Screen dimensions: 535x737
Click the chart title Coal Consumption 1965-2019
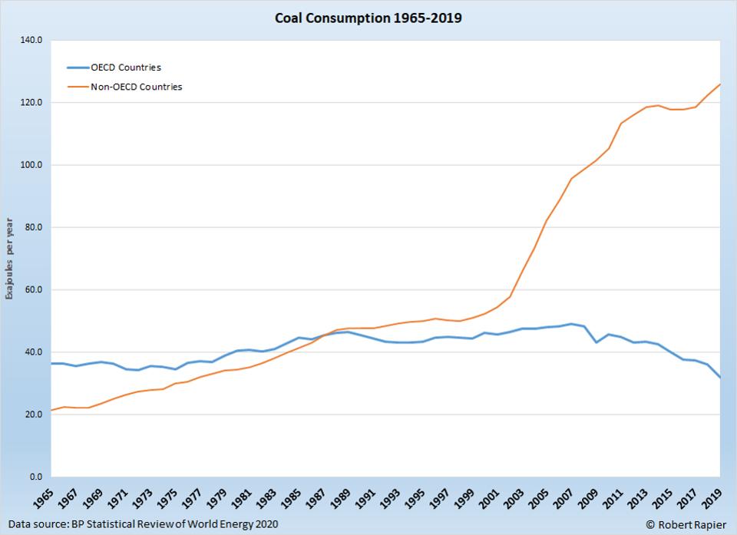point(368,18)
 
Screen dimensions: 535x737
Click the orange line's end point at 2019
point(720,84)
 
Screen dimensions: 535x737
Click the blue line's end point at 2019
point(720,378)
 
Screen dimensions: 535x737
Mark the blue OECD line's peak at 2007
point(570,324)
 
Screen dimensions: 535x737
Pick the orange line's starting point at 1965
point(51,410)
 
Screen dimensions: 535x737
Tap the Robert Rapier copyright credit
point(686,523)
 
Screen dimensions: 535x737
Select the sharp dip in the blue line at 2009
point(595,342)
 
